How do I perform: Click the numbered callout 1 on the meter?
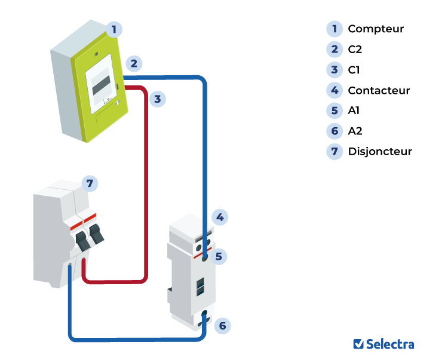coord(114,28)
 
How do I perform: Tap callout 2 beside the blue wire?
coord(134,63)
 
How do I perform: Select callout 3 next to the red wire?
coord(157,99)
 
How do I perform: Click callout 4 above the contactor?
coord(220,217)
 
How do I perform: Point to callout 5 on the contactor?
coord(219,257)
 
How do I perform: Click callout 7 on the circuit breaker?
coord(90,183)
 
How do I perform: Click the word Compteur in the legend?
coord(376,29)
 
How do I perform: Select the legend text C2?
coord(355,50)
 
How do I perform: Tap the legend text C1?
coord(354,70)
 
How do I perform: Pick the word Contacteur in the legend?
coord(379,91)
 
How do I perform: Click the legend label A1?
coord(354,110)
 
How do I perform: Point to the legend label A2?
coord(355,131)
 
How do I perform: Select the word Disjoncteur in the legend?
coord(380,152)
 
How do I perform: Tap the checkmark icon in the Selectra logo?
coord(358,344)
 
